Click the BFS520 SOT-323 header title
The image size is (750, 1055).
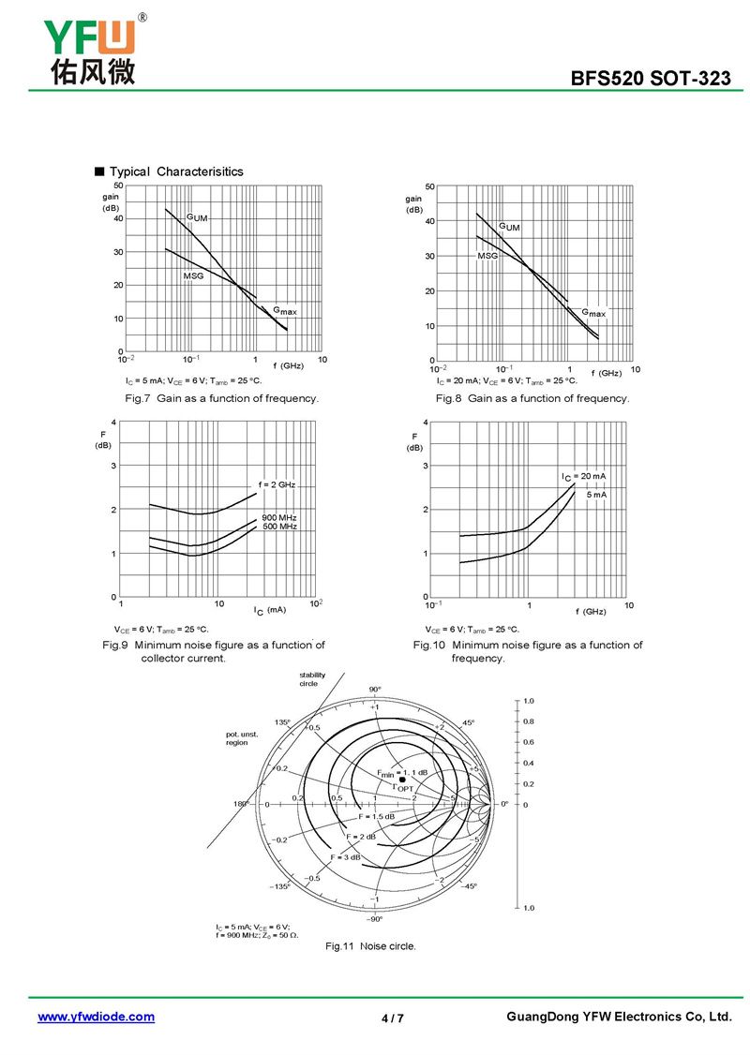coord(651,79)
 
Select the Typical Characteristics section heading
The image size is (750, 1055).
coord(175,171)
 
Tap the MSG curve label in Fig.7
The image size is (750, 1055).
coord(193,276)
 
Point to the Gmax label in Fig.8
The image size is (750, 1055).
coord(593,313)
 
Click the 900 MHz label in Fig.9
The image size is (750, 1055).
coord(279,518)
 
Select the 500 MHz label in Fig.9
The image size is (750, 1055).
coord(279,527)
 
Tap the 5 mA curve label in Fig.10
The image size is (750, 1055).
coord(596,494)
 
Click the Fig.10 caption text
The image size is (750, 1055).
coord(528,651)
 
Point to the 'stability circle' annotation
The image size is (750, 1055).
coord(313,678)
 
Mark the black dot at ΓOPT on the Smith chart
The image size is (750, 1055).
coord(402,780)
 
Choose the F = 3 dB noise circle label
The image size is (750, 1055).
coord(345,858)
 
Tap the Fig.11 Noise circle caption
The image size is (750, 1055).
coord(370,946)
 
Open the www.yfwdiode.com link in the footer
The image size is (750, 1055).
coord(96,1017)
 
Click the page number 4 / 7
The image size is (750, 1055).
coord(393,1018)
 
